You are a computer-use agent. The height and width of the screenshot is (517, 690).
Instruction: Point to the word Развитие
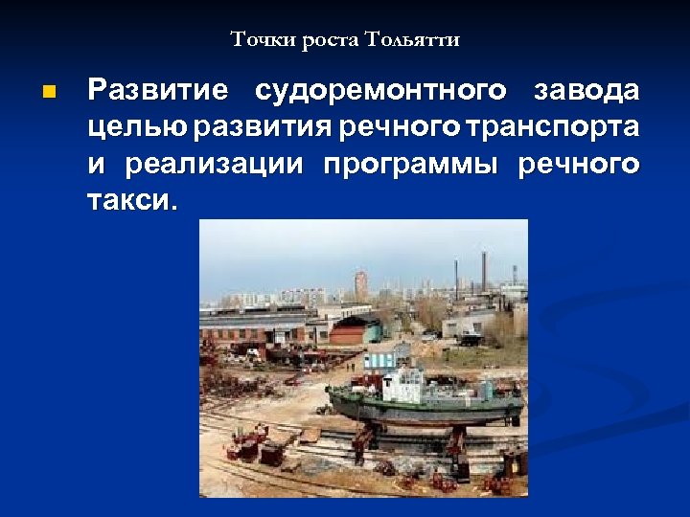(158, 91)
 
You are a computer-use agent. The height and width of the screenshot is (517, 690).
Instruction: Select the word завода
(586, 91)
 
